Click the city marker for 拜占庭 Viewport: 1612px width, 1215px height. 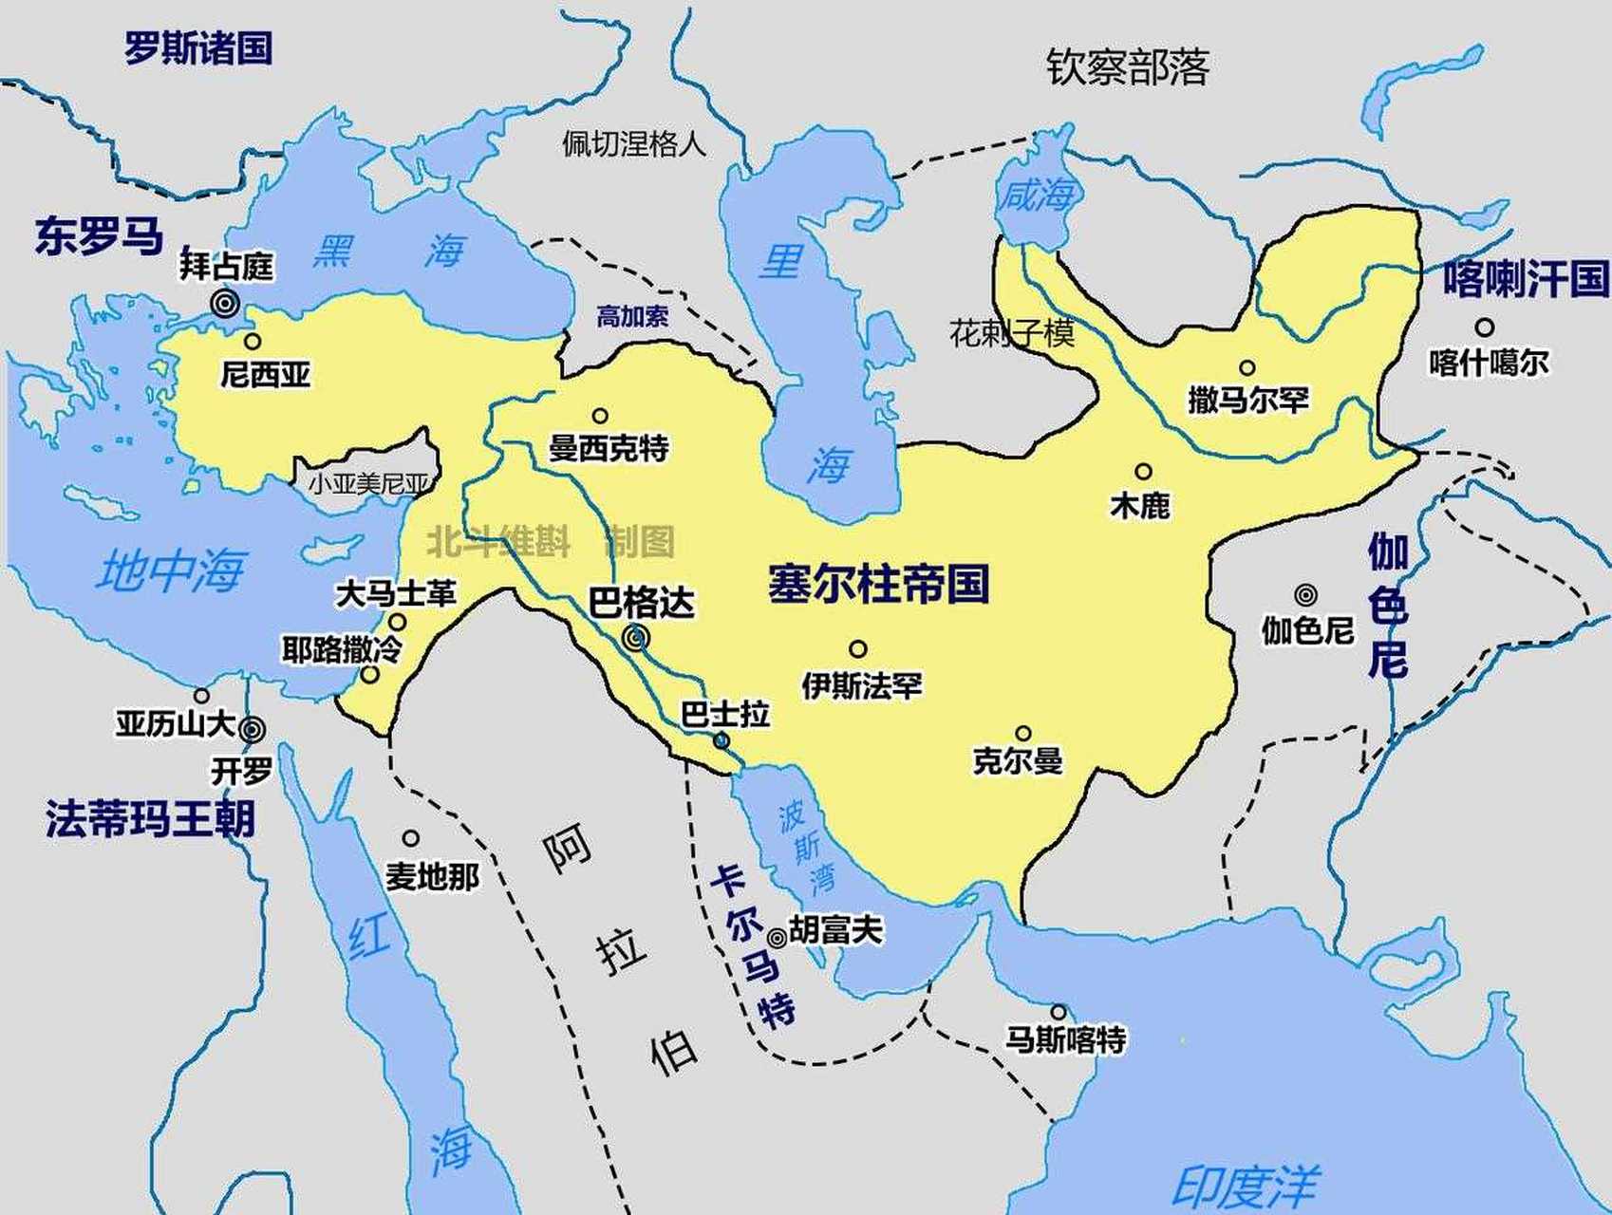pos(225,304)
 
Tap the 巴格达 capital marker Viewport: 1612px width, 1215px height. pos(636,640)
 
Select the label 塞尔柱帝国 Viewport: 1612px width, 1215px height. pos(878,584)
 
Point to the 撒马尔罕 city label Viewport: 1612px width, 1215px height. pos(1247,400)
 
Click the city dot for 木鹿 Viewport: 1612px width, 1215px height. pos(1143,472)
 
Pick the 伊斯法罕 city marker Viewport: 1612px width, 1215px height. pos(857,649)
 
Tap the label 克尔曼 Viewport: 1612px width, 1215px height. pos(1018,761)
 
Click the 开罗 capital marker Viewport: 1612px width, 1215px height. pos(252,729)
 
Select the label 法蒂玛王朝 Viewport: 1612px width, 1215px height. pos(150,818)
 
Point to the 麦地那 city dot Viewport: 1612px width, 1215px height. pos(410,838)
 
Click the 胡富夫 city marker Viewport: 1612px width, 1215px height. pos(777,938)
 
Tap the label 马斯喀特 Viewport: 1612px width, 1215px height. pos(1065,1040)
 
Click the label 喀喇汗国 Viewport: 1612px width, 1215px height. pos(1526,279)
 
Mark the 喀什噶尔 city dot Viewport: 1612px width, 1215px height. pos(1484,327)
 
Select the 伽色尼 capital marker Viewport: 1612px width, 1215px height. pos(1306,595)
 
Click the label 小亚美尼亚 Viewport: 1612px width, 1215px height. pos(368,484)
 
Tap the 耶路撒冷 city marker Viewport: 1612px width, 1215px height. pos(370,676)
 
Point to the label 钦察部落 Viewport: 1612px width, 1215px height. pos(1128,67)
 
